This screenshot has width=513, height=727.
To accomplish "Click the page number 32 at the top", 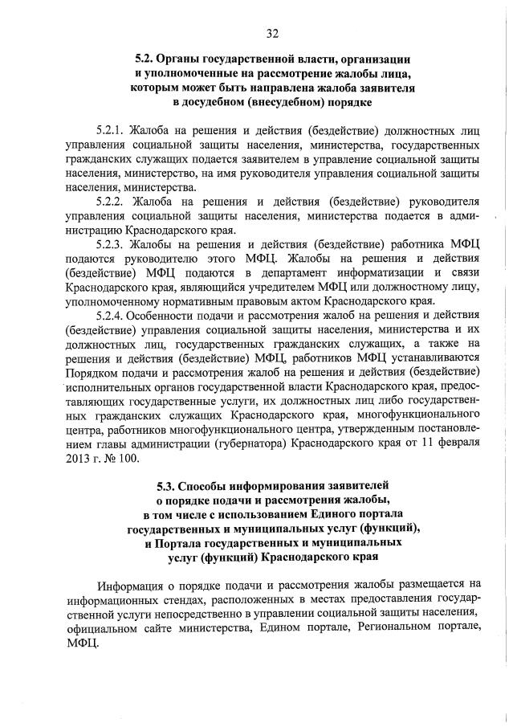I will point(272,33).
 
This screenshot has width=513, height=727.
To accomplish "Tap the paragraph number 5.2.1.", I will point(111,130).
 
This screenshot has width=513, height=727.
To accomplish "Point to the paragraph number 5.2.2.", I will point(111,201).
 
